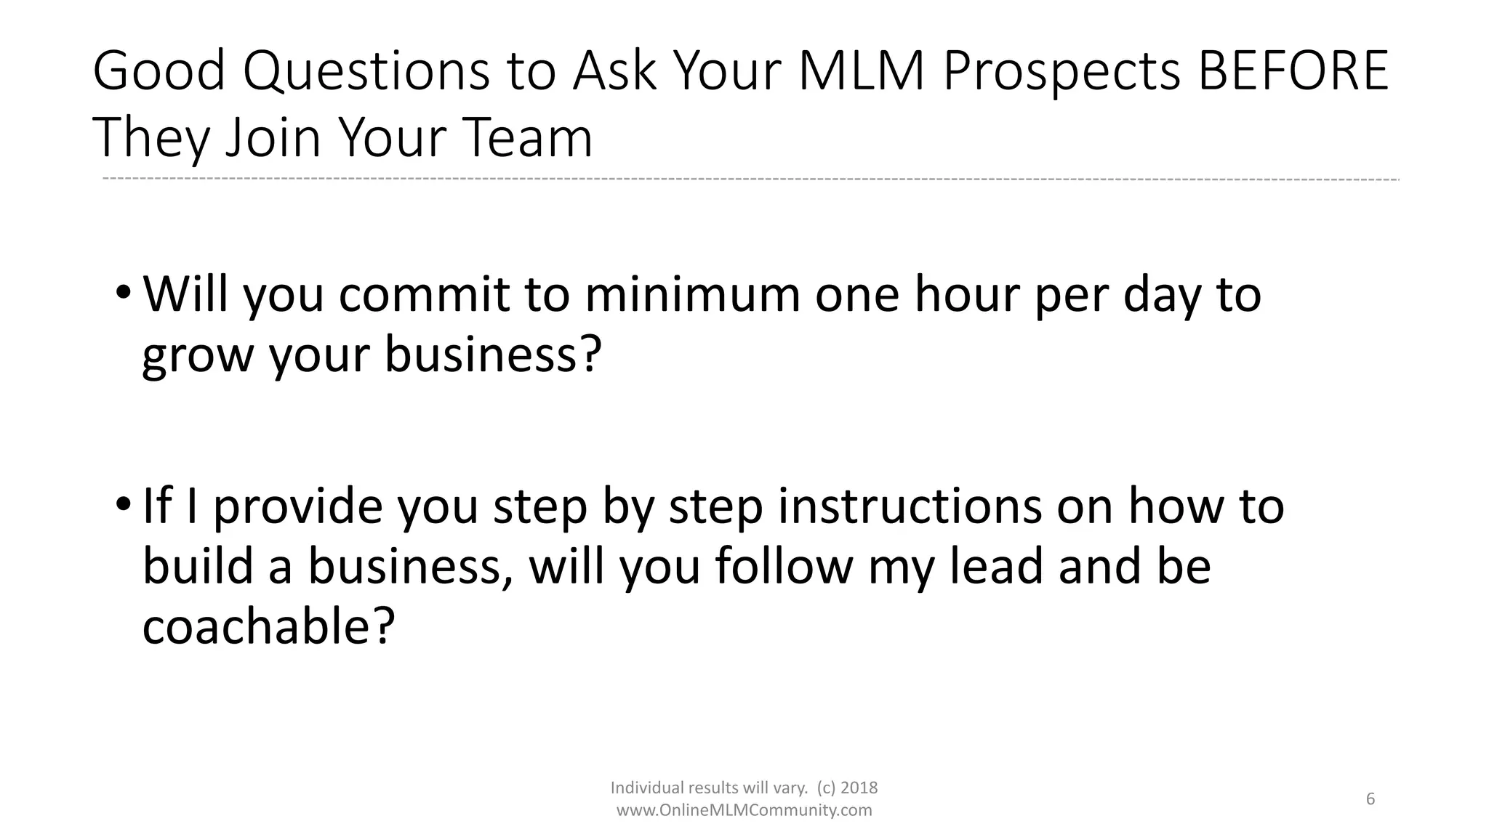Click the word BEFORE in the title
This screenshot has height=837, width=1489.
tap(1292, 72)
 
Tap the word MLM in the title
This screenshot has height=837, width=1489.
tap(861, 72)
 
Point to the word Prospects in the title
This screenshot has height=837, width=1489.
tap(1062, 72)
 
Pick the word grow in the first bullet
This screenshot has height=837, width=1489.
tap(196, 356)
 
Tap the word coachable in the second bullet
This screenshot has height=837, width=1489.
tap(258, 626)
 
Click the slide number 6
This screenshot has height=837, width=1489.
tap(1370, 799)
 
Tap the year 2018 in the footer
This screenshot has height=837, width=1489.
tap(859, 788)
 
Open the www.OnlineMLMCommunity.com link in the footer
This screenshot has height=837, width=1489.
tap(744, 810)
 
